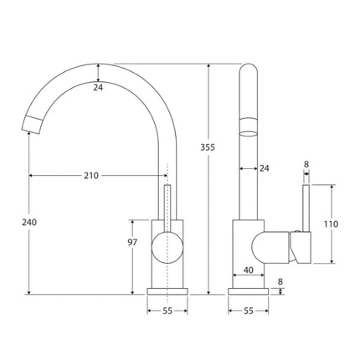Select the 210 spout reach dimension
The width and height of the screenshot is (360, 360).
coord(90,176)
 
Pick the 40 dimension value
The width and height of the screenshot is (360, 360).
coord(248,270)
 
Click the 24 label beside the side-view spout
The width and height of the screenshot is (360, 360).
coord(265,169)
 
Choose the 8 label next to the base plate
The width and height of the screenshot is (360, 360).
coord(279,282)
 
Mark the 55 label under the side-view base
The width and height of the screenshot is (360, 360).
coord(248,311)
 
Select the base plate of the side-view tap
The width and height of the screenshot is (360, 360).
coord(248,291)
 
